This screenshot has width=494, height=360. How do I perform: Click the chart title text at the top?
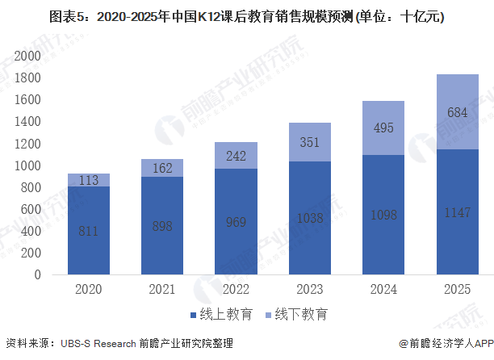[x=246, y=15]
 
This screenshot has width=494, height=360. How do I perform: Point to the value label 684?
[x=457, y=111]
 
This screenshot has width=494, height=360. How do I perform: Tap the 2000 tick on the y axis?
[x=27, y=56]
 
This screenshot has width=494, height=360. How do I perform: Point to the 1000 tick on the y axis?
[x=27, y=165]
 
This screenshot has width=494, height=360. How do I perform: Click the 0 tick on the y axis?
[x=36, y=274]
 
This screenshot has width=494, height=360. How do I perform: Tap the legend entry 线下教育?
[x=294, y=313]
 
